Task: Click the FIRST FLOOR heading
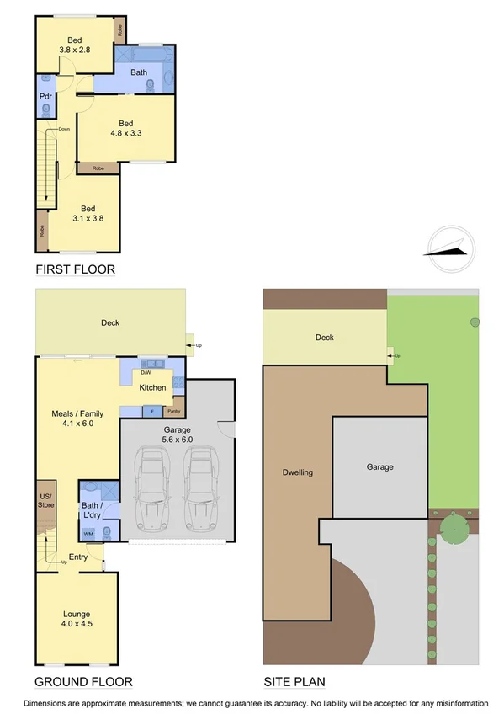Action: (75, 269)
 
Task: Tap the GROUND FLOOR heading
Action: (83, 681)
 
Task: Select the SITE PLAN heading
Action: (294, 681)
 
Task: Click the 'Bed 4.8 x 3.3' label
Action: (126, 127)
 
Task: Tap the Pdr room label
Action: (45, 96)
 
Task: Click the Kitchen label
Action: (152, 387)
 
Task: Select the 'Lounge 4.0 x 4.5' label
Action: (77, 619)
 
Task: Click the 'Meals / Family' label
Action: (77, 417)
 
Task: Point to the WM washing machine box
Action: (88, 534)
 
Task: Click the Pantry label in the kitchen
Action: (173, 411)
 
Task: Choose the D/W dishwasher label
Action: (146, 372)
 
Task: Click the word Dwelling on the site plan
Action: (297, 472)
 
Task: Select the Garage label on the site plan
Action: (379, 466)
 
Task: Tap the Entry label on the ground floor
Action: (78, 557)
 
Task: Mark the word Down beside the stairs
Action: (64, 129)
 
